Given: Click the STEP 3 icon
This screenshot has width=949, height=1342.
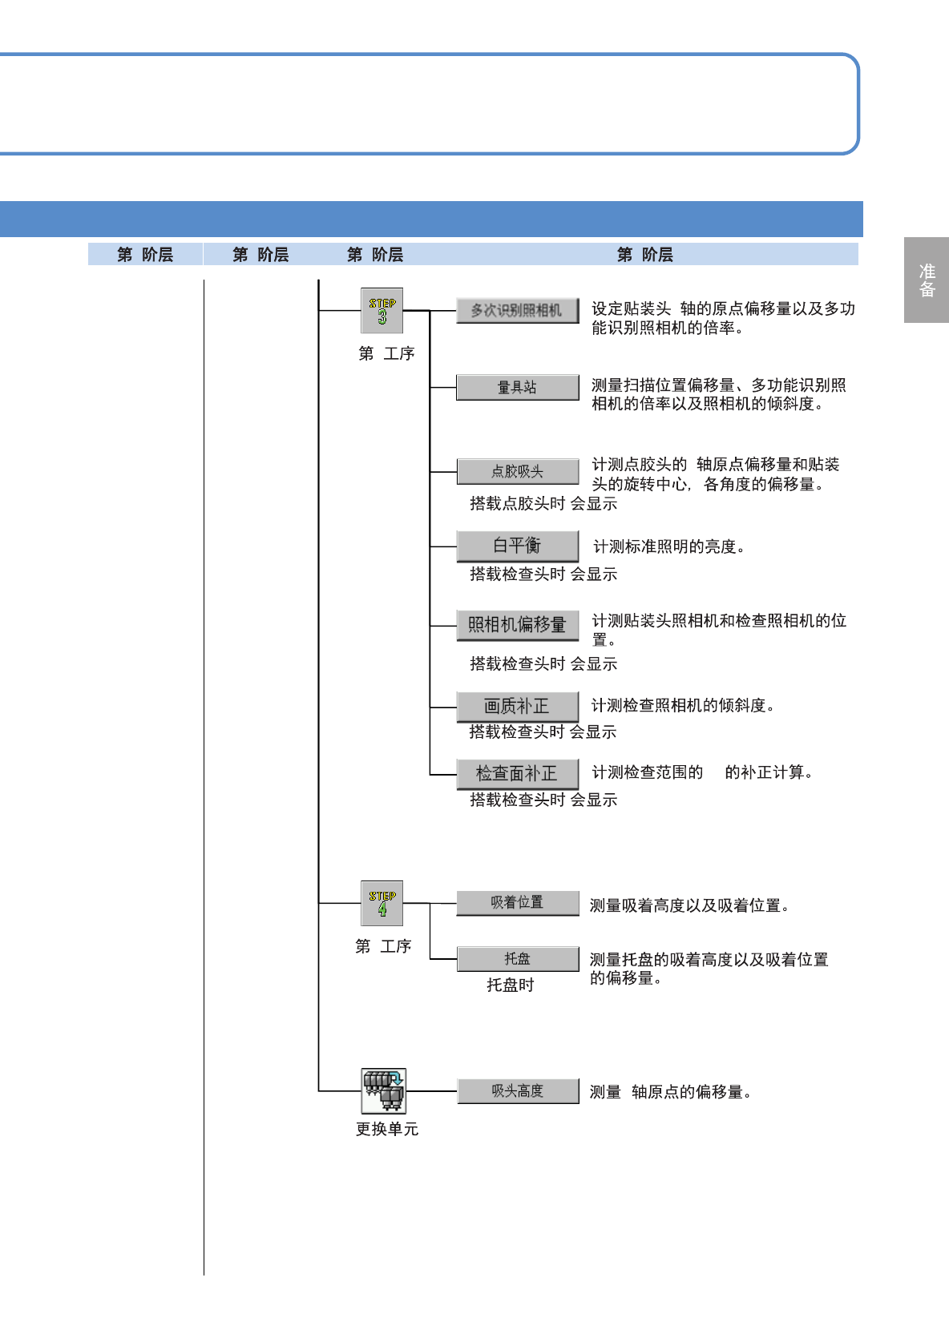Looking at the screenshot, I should pyautogui.click(x=382, y=311).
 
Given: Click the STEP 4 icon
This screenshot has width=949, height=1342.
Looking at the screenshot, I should pyautogui.click(x=382, y=903).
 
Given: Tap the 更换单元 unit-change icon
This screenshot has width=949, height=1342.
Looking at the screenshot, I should pyautogui.click(x=383, y=1090).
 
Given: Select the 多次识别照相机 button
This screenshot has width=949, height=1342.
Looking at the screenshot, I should pyautogui.click(x=517, y=310).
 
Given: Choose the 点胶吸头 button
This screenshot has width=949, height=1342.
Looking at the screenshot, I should pyautogui.click(x=517, y=471).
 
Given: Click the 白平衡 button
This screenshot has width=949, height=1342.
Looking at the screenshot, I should pyautogui.click(x=517, y=546).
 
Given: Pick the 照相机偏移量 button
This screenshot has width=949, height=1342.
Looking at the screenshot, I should pyautogui.click(x=517, y=624).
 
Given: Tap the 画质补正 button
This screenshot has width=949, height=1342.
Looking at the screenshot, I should pyautogui.click(x=517, y=706).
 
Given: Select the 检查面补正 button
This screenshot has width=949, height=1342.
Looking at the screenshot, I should pyautogui.click(x=517, y=773).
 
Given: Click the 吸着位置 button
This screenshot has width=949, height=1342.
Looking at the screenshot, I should pyautogui.click(x=517, y=903).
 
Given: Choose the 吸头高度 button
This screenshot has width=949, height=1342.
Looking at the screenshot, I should pyautogui.click(x=518, y=1091).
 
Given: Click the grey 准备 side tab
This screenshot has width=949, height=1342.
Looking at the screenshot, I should pyautogui.click(x=927, y=280).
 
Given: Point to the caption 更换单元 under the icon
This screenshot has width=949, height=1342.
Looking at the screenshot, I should pyautogui.click(x=387, y=1129).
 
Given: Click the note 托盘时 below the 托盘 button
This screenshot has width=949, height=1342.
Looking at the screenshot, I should pyautogui.click(x=511, y=985).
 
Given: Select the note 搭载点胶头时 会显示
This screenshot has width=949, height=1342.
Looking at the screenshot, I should pyautogui.click(x=543, y=503).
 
